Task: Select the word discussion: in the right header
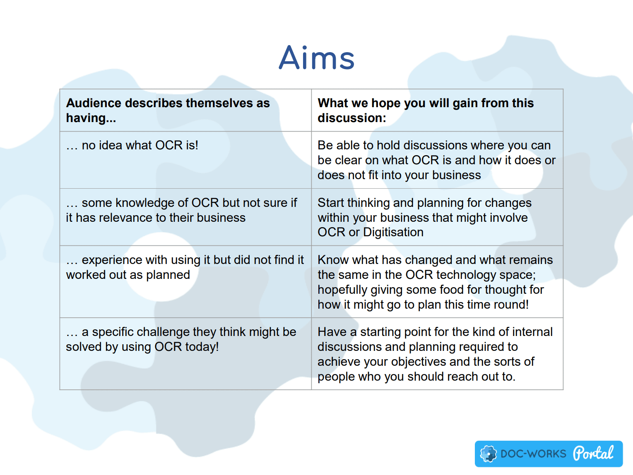pyautogui.click(x=351, y=118)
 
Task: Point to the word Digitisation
pyautogui.click(x=393, y=232)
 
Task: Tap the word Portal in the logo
pyautogui.click(x=593, y=453)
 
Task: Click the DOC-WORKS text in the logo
pyautogui.click(x=534, y=454)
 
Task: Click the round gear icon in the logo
pyautogui.click(x=488, y=453)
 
